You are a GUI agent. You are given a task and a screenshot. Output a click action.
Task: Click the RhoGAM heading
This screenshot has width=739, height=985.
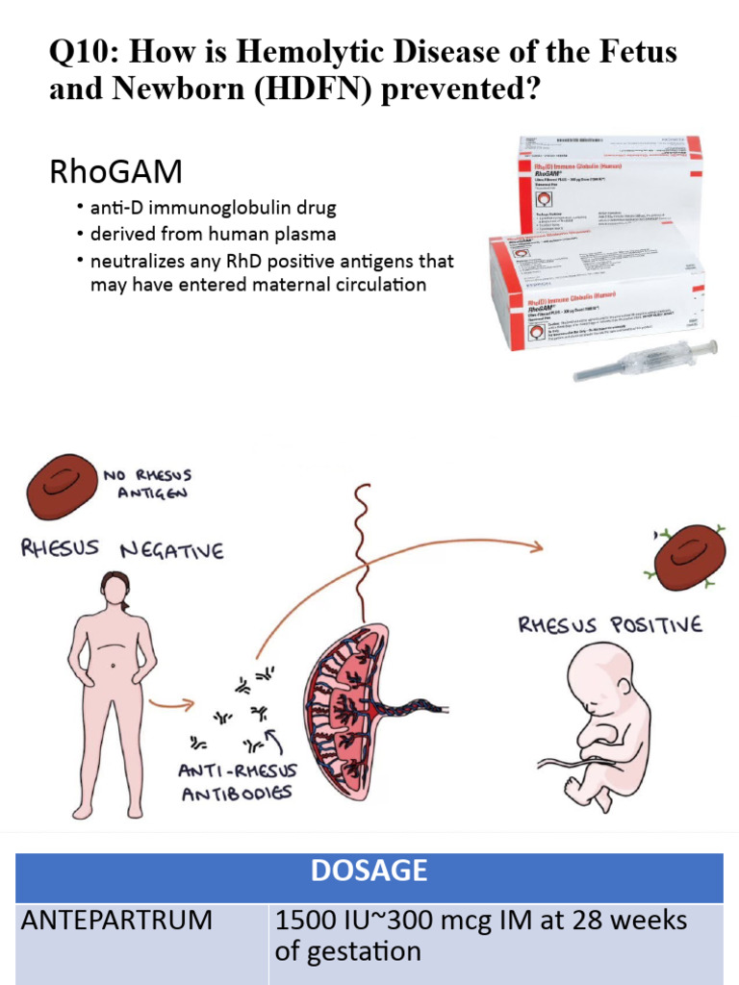(115, 172)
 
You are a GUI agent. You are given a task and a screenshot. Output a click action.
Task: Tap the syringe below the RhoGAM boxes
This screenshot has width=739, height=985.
(645, 360)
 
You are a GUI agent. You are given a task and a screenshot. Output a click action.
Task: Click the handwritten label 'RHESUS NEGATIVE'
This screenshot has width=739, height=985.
(122, 549)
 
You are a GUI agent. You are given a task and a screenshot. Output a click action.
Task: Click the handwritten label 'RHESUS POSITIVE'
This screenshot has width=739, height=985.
(610, 625)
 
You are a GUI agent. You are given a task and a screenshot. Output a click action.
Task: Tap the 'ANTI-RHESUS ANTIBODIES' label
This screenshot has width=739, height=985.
(239, 781)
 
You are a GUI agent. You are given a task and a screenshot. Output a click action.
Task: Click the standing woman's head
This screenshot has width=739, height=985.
(115, 588)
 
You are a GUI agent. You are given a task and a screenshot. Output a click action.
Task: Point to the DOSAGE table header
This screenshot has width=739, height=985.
(369, 871)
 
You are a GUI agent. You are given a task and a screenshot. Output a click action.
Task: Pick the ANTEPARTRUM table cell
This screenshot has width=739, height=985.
(116, 921)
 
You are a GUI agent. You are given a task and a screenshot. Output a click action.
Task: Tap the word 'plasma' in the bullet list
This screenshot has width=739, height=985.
(305, 235)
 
